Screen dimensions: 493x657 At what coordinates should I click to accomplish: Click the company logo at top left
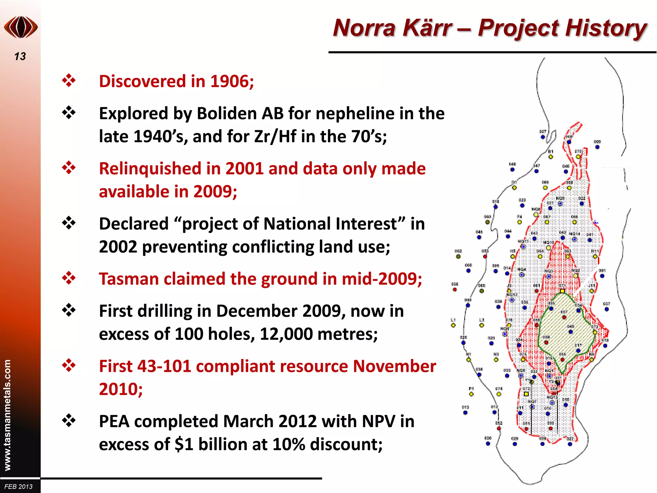(21, 27)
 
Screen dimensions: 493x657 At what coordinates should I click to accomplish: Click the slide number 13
(20, 56)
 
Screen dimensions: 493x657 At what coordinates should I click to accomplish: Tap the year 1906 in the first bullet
(229, 81)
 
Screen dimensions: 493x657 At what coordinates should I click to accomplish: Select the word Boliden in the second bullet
(228, 113)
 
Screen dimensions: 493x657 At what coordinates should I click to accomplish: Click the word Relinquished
(150, 169)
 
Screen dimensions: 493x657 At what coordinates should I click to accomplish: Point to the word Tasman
(128, 279)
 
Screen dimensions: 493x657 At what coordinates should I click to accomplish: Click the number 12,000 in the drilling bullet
(286, 334)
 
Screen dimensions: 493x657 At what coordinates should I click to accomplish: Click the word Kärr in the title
(425, 28)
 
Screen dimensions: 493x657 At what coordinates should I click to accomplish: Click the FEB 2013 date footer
(19, 487)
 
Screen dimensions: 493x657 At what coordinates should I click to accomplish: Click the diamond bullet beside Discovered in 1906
(69, 81)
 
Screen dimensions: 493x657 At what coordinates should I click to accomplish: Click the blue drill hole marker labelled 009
(597, 147)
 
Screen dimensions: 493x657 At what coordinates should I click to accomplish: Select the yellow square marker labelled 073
(526, 394)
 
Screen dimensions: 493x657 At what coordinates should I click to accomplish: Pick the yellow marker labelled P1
(471, 394)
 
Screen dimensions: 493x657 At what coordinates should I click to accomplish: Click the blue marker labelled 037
(607, 309)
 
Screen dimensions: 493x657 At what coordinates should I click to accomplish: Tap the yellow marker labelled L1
(453, 325)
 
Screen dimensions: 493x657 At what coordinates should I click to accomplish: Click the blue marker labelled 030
(488, 444)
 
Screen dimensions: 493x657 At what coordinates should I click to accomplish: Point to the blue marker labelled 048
(512, 169)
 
